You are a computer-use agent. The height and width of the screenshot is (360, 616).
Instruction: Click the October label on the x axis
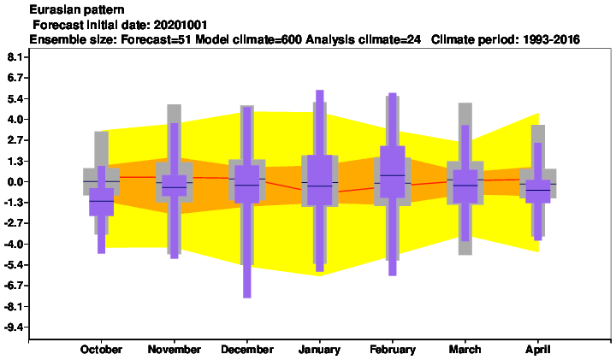click(x=101, y=350)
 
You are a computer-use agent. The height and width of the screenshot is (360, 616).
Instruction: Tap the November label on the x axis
click(x=174, y=350)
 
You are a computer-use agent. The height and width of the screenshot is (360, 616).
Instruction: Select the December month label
click(x=247, y=350)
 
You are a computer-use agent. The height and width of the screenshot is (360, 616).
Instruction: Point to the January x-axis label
click(x=319, y=350)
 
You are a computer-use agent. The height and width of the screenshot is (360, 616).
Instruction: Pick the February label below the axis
click(x=393, y=350)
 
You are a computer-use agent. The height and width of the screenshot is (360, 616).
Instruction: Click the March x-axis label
click(x=465, y=350)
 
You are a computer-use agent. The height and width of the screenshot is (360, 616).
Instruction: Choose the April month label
click(x=538, y=350)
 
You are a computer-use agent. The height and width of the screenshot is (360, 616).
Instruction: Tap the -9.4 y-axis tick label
click(x=15, y=328)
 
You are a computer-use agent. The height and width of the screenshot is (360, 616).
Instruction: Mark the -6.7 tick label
click(x=15, y=286)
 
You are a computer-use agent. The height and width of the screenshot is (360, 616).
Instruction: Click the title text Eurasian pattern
click(x=77, y=9)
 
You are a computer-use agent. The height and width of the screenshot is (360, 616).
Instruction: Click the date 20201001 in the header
click(x=181, y=25)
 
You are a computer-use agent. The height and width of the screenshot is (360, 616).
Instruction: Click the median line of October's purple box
click(x=101, y=201)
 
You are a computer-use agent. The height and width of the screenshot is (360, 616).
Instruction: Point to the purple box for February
click(x=393, y=172)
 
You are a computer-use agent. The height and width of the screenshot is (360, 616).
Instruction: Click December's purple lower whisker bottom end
click(x=247, y=298)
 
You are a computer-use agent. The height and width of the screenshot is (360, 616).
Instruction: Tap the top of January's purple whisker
click(x=320, y=91)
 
